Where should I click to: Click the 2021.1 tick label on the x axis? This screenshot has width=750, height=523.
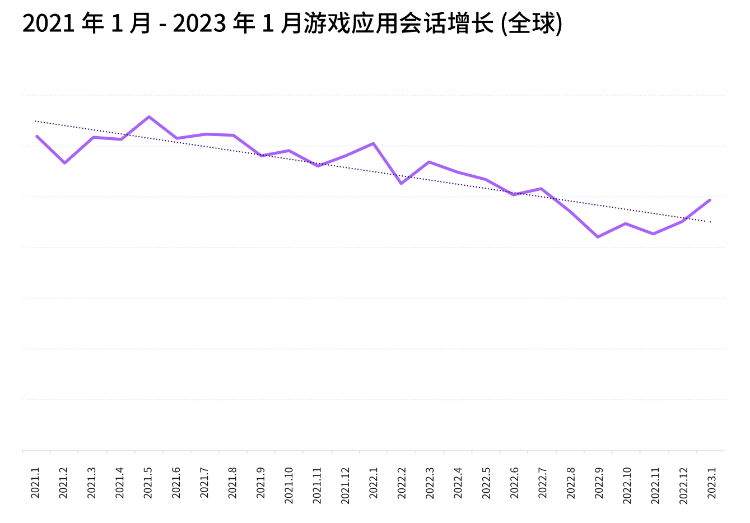click(35, 482)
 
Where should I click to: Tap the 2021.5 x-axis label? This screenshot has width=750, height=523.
click(148, 482)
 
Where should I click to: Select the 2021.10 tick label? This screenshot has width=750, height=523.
click(288, 485)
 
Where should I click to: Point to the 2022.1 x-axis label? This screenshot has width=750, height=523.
click(373, 482)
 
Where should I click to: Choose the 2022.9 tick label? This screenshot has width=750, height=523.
click(598, 482)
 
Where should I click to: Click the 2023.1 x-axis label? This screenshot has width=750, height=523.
click(711, 482)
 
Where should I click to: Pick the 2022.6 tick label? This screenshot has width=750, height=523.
click(514, 482)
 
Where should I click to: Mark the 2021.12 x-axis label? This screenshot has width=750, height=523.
click(345, 485)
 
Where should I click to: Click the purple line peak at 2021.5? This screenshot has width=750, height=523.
click(149, 116)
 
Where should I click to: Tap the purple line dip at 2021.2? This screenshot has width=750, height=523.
click(65, 163)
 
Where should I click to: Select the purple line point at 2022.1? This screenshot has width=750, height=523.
click(374, 143)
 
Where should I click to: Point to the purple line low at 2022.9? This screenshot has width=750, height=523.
click(598, 237)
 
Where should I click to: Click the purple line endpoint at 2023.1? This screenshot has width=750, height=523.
click(710, 200)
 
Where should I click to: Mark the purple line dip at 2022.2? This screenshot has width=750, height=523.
click(401, 184)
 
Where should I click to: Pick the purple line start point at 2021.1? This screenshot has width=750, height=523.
click(37, 136)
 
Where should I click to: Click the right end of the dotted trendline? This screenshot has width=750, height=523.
click(710, 222)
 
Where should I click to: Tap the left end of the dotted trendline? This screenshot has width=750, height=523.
click(35, 121)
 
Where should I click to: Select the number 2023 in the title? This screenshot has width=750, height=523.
click(199, 24)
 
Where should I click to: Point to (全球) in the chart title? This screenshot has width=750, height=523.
click(532, 24)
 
